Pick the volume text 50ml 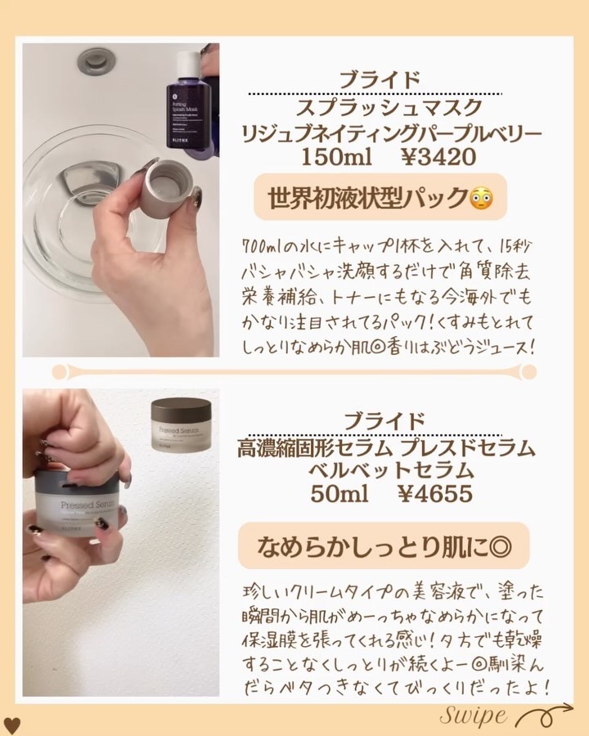pos(337,494)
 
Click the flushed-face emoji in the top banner pos(479,198)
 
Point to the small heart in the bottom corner pos(11,725)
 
